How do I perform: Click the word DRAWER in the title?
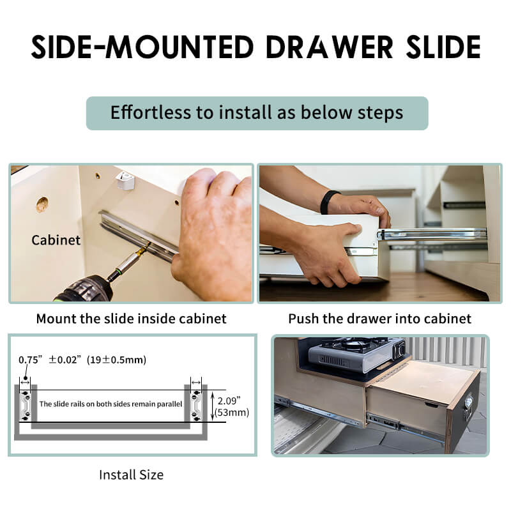pyautogui.click(x=330, y=47)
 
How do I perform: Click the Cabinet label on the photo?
pyautogui.click(x=56, y=240)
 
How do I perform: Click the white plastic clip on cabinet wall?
pyautogui.click(x=125, y=180)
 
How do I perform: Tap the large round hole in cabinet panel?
pyautogui.click(x=42, y=204)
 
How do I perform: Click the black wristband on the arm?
pyautogui.click(x=328, y=202)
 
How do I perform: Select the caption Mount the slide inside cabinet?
pyautogui.click(x=132, y=319)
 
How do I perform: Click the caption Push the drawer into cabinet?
pyautogui.click(x=379, y=319)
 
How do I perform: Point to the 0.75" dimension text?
pyautogui.click(x=31, y=360)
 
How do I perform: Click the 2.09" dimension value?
pyautogui.click(x=229, y=400)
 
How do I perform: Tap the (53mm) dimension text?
pyautogui.click(x=232, y=413)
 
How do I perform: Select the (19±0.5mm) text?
pyautogui.click(x=116, y=360)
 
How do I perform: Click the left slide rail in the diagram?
pyautogui.click(x=26, y=406)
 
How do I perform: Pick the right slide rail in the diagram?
pyautogui.click(x=196, y=406)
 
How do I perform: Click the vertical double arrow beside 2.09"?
pyautogui.click(x=213, y=406)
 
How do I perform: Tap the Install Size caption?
pyautogui.click(x=132, y=475)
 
